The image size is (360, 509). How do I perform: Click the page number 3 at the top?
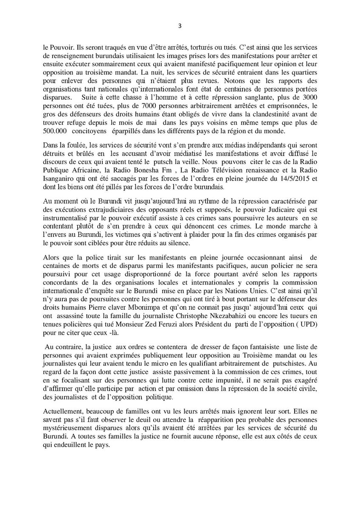coord(180,25)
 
